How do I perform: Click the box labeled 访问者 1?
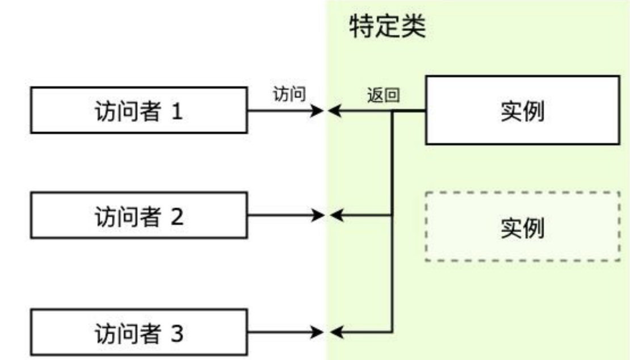(138, 110)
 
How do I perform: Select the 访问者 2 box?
(138, 215)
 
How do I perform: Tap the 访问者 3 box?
(138, 332)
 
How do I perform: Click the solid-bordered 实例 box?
(522, 111)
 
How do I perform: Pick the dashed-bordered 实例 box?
(522, 227)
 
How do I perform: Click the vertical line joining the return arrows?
(392, 273)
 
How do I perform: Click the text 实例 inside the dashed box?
(522, 227)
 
